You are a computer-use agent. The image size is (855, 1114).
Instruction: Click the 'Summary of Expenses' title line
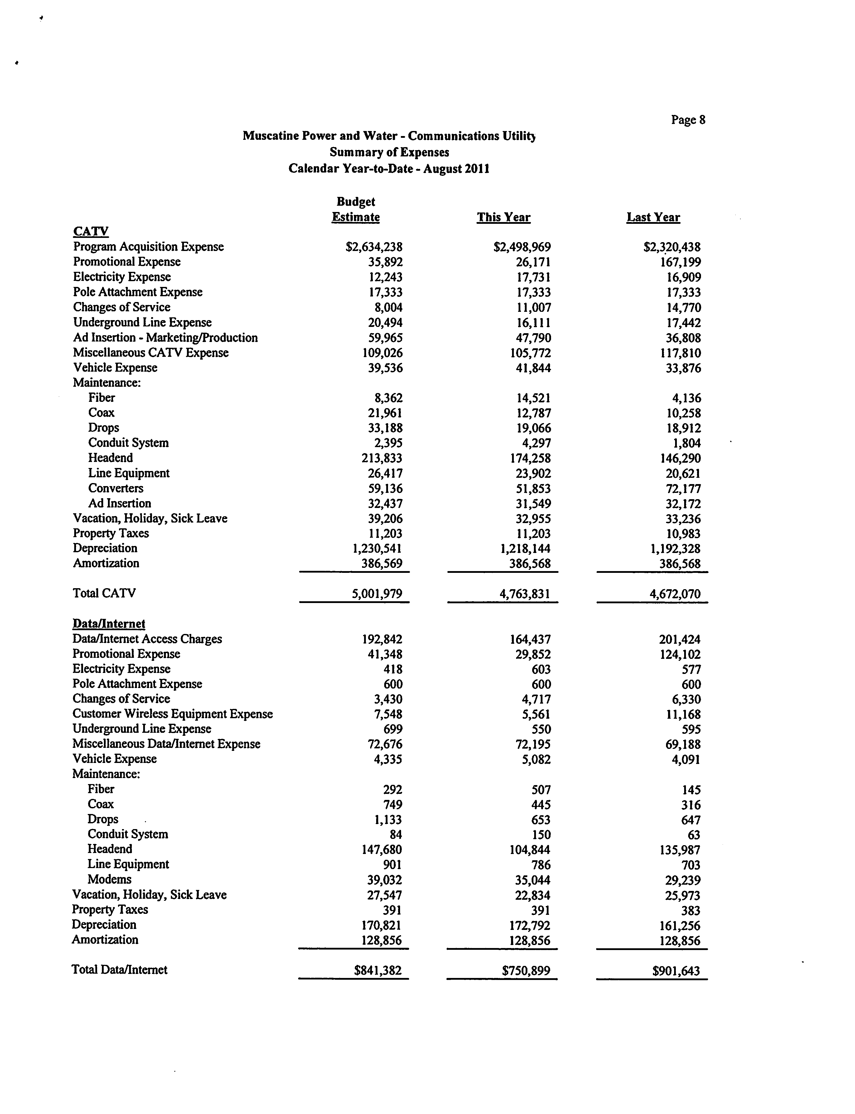[x=389, y=152]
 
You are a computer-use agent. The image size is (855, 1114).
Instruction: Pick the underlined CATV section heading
[x=91, y=231]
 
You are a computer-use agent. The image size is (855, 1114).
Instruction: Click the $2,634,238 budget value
[x=374, y=247]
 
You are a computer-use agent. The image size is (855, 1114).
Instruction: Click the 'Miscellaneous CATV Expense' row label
[x=151, y=353]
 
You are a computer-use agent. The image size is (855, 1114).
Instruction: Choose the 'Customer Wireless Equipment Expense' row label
[x=173, y=714]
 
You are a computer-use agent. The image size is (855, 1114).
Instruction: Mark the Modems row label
[x=109, y=879]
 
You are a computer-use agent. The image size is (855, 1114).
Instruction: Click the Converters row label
[x=115, y=488]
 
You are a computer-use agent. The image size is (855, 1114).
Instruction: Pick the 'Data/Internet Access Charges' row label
[x=147, y=639]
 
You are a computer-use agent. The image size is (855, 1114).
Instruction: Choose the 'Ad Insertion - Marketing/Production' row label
[x=165, y=338]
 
